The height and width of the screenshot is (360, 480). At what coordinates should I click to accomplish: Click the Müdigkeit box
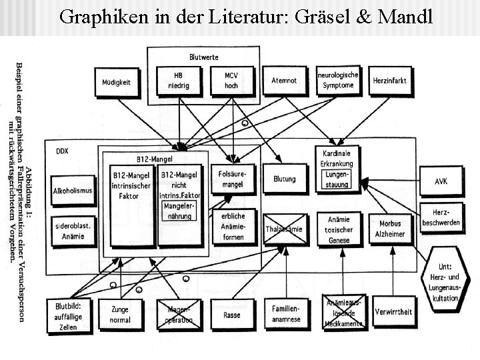tap(116, 83)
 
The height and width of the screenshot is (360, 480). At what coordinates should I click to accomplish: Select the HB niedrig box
tap(177, 81)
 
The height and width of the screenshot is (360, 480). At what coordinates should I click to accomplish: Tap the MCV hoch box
tap(231, 81)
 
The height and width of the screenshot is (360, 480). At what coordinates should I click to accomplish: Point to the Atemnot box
tap(285, 81)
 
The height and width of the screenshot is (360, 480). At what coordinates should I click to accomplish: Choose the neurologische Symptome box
tap(338, 81)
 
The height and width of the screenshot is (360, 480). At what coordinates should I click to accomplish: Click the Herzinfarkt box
tap(390, 81)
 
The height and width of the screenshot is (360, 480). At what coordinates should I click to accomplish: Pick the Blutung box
tap(285, 179)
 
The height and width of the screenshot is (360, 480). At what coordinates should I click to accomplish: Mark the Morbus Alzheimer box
tap(390, 229)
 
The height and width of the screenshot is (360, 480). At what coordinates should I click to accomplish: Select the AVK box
tap(441, 181)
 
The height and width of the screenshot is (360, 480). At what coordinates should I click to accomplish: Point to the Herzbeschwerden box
tap(441, 217)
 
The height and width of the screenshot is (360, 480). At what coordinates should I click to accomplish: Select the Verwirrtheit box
tap(393, 312)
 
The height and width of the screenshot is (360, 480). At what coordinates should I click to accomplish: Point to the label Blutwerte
tap(203, 57)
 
